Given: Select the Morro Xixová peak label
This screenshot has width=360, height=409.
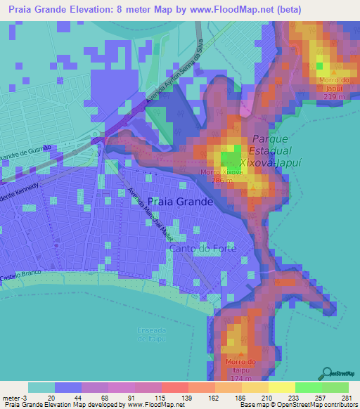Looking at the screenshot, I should pyautogui.click(x=222, y=171).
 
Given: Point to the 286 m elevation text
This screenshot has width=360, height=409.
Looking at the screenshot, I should pyautogui.click(x=222, y=180).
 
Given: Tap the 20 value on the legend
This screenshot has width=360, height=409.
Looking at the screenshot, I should pyautogui.click(x=51, y=398).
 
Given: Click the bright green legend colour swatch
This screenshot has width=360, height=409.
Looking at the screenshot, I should pyautogui.click(x=309, y=387).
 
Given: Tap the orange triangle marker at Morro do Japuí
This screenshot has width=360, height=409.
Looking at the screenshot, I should pyautogui.click(x=335, y=72).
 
